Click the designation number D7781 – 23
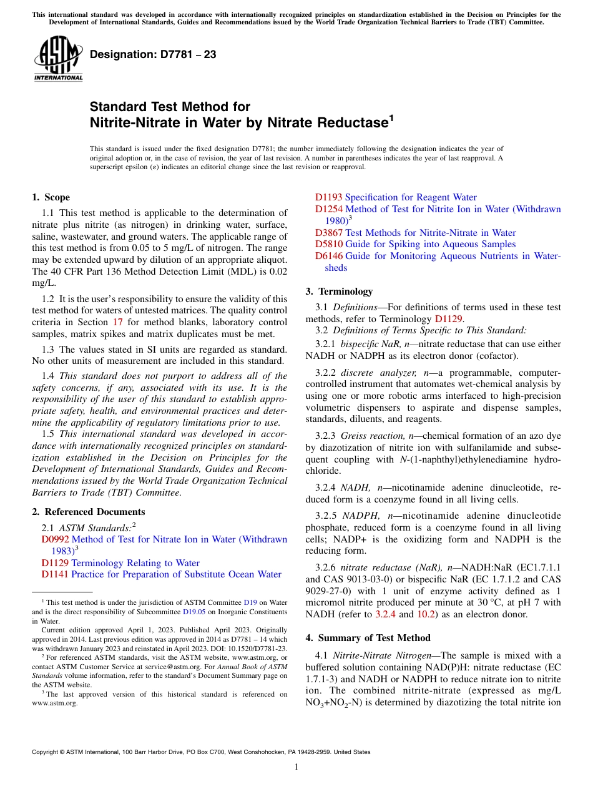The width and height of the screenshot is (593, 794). (x=153, y=55)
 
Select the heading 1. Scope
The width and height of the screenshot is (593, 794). (x=51, y=197)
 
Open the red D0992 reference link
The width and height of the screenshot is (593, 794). (x=56, y=539)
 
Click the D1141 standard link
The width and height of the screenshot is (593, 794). (x=56, y=574)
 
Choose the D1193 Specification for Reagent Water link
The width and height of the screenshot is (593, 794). (x=396, y=197)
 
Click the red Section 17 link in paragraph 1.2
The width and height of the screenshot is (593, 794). (x=117, y=323)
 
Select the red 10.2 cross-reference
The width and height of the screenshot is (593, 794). (x=426, y=614)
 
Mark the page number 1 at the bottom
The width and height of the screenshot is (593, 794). (x=296, y=767)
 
